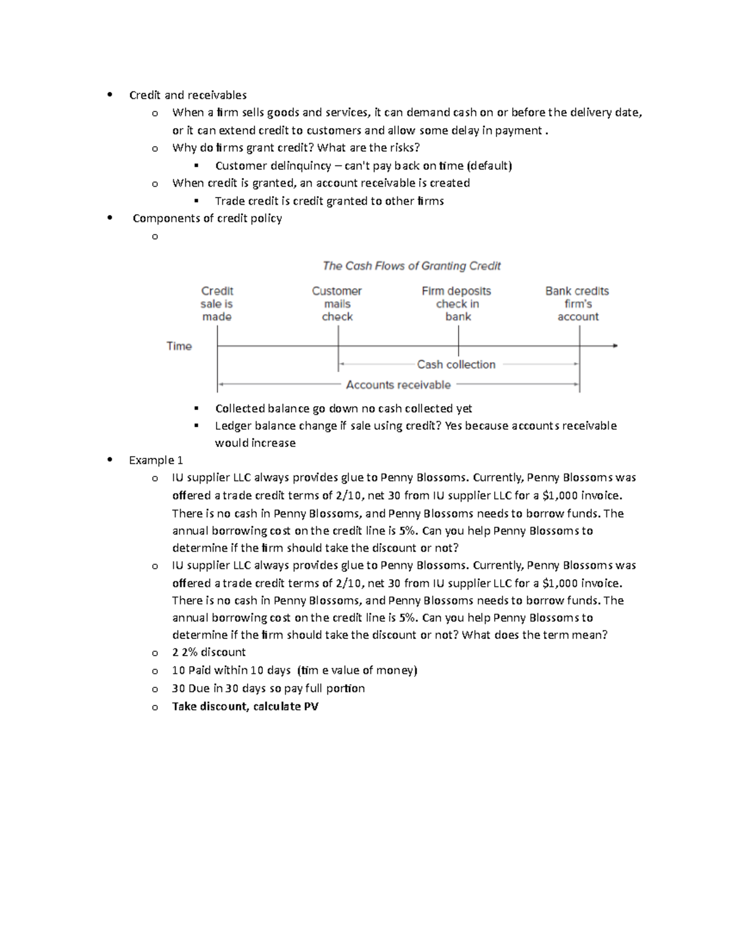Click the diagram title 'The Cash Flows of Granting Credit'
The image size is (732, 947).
point(411,266)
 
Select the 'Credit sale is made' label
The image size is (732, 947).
point(217,304)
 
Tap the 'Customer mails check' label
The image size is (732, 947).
point(337,304)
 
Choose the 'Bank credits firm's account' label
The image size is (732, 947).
point(577,304)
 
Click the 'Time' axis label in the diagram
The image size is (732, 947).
point(179,346)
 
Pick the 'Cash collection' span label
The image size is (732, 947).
point(456,365)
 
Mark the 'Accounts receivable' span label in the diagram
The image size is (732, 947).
point(398,385)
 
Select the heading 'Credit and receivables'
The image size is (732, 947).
point(188,95)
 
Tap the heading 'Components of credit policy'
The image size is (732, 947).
point(207,218)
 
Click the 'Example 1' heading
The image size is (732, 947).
point(156,460)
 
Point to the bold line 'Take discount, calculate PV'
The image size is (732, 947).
point(245,706)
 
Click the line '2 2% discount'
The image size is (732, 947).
point(209,652)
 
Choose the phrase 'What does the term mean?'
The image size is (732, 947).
point(535,635)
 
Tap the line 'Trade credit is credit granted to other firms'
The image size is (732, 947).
point(329,201)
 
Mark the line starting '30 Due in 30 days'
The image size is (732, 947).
point(268,688)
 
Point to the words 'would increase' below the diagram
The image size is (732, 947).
point(255,443)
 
